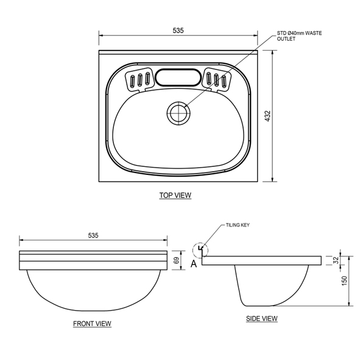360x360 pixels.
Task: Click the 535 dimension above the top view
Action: click(178, 30)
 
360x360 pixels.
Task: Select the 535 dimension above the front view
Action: click(93, 235)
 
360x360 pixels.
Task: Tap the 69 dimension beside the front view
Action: click(177, 260)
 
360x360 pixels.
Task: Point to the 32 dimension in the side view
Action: click(336, 260)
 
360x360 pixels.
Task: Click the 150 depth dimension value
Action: click(344, 281)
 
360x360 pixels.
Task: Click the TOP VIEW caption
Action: click(175, 196)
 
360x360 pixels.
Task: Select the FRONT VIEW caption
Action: click(92, 323)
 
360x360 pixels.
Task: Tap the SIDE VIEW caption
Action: click(261, 319)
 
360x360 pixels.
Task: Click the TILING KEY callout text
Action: click(238, 225)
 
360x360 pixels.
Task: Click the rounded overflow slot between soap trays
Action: click(177, 78)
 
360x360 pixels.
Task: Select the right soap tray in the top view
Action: click(217, 79)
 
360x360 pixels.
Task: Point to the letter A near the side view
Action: click(194, 264)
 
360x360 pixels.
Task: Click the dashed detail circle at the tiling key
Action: click(199, 250)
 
